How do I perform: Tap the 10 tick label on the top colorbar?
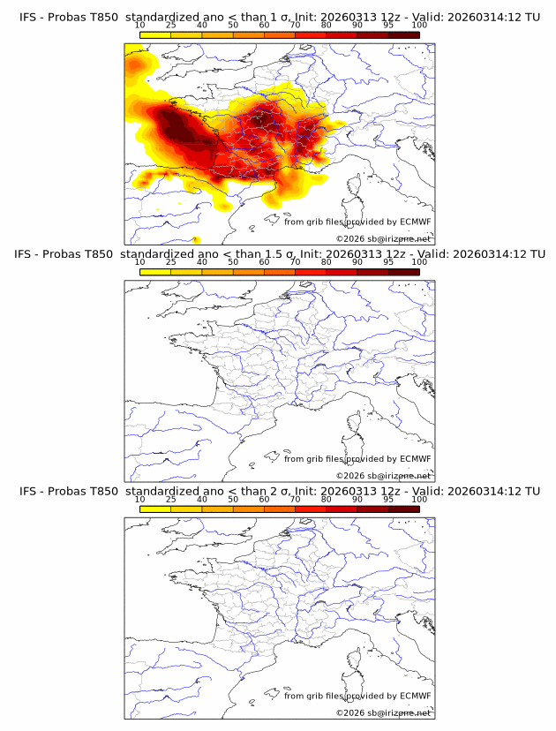pos(139,26)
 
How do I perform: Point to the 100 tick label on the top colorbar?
pos(419,26)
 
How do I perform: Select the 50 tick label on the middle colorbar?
pos(233,262)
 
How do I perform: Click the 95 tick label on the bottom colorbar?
pos(388,500)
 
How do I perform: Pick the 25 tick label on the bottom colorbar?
pos(170,500)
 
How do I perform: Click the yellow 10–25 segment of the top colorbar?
pos(155,34)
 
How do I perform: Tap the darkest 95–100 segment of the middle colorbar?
pos(403,272)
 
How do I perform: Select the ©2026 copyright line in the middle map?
pos(384,476)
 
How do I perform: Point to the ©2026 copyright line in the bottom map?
pos(384,712)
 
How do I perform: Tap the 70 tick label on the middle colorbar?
pos(295,262)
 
